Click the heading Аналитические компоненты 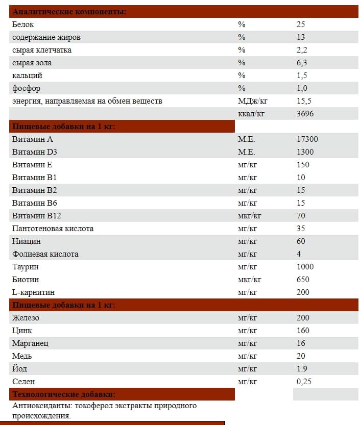(69, 12)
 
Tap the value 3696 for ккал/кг (305, 114)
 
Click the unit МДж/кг (253, 101)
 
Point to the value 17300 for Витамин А (307, 139)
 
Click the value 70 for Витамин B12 (301, 216)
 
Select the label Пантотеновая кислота (53, 229)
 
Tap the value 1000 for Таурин (305, 267)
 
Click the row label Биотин (26, 280)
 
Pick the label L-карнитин (33, 292)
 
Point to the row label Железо (26, 318)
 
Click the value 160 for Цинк (303, 331)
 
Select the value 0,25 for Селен (304, 382)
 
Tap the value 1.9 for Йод (302, 369)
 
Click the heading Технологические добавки (63, 394)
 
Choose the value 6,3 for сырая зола (301, 63)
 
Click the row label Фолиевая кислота (45, 254)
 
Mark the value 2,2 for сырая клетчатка (301, 50)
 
